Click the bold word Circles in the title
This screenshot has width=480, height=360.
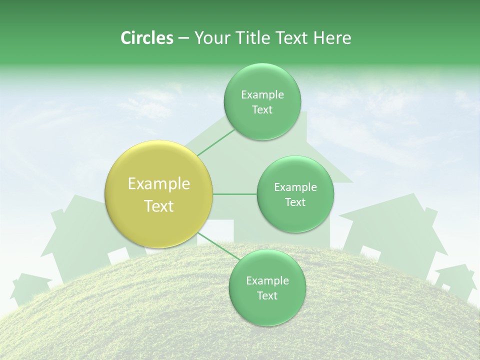click(146, 38)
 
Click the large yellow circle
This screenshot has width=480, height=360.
click(159, 194)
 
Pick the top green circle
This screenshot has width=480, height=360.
click(262, 101)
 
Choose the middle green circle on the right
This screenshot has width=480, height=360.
click(295, 194)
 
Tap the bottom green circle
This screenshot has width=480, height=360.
click(267, 287)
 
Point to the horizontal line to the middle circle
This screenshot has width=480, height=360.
click(235, 194)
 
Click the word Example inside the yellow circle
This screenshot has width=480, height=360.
click(159, 184)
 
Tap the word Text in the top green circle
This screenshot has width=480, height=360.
click(262, 110)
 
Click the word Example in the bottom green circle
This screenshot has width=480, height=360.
click(267, 280)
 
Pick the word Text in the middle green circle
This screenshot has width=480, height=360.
click(295, 202)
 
